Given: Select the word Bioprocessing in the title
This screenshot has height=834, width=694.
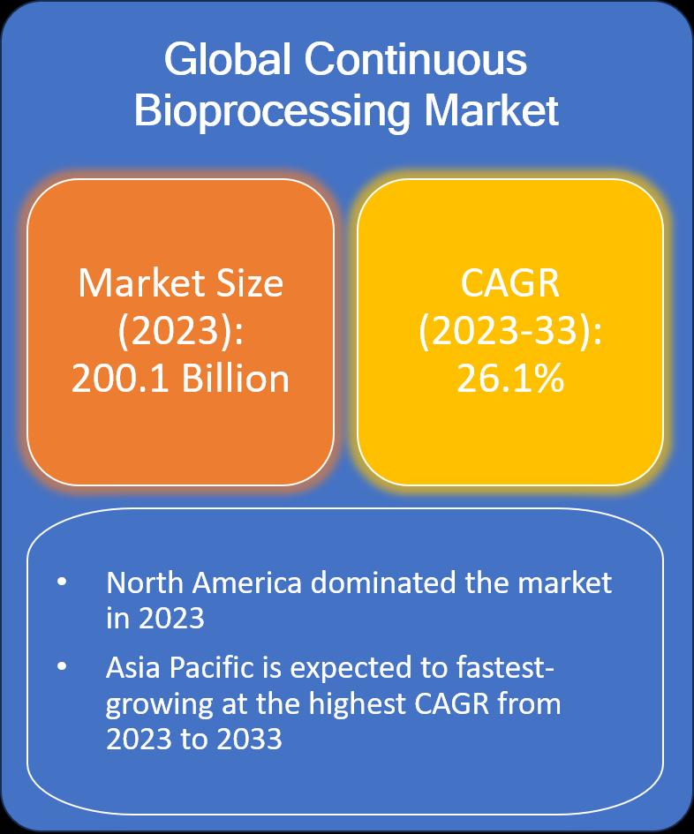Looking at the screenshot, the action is click(272, 113).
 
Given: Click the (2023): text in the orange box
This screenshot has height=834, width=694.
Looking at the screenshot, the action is click(180, 331).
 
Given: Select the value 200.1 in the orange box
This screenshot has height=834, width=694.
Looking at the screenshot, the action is click(120, 379).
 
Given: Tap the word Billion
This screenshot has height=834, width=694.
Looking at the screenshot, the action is click(236, 379).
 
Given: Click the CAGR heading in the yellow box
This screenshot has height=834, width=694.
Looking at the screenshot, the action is click(509, 283).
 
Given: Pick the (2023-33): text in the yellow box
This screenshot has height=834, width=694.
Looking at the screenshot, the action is click(509, 331).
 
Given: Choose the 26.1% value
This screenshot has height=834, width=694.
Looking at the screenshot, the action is click(509, 379).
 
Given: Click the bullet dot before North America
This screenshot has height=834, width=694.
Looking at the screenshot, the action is click(62, 582).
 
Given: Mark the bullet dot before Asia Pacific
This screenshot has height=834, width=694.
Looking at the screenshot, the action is click(62, 666).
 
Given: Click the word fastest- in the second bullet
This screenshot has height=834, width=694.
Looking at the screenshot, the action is click(506, 667).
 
